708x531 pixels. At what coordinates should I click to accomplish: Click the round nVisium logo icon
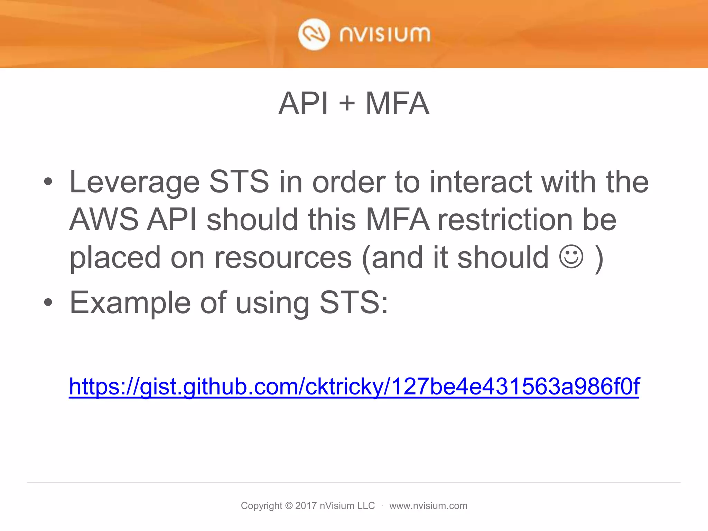coord(314,35)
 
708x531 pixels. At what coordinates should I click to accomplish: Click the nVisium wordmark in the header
coord(385,35)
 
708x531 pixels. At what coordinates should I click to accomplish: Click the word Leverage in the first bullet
coord(134,182)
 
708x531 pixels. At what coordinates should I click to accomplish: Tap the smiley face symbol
coord(571,257)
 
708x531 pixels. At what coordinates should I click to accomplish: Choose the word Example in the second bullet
coord(130,303)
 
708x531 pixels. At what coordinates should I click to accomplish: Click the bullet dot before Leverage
coord(48,181)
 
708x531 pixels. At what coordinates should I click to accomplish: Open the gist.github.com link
coord(354,386)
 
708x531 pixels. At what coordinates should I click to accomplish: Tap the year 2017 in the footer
coord(306,506)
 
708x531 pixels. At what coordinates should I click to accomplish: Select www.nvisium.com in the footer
coord(428,506)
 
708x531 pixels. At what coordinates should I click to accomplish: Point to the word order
coord(348,182)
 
